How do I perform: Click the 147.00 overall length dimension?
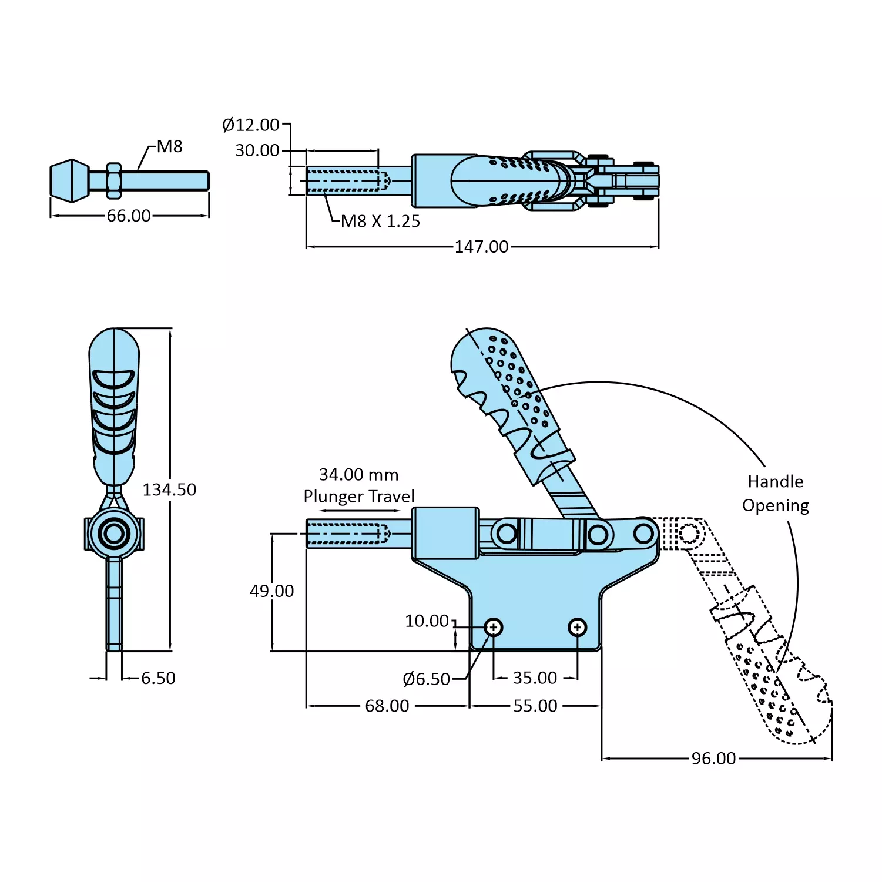pyautogui.click(x=481, y=246)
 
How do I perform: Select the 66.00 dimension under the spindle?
pyautogui.click(x=129, y=216)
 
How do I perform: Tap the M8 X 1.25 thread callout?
pyautogui.click(x=380, y=222)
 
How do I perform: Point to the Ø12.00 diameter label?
pyautogui.click(x=251, y=125)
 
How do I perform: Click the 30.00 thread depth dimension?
pyautogui.click(x=257, y=150)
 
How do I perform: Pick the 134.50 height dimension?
pyautogui.click(x=169, y=489)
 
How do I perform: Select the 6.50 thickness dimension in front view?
pyautogui.click(x=158, y=678)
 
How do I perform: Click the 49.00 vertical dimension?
pyautogui.click(x=271, y=591)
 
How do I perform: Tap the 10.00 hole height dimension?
pyautogui.click(x=427, y=621)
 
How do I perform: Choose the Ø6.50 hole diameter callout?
pyautogui.click(x=426, y=679)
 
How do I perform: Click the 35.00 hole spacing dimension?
pyautogui.click(x=535, y=678)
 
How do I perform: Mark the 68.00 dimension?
pyautogui.click(x=387, y=706)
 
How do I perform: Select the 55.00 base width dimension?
pyautogui.click(x=535, y=706)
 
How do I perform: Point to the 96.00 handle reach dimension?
pyautogui.click(x=713, y=759)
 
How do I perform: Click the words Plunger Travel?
pyautogui.click(x=359, y=497)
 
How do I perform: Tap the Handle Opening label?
pyautogui.click(x=776, y=494)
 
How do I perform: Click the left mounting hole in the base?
pyautogui.click(x=494, y=628)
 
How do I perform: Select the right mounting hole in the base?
pyautogui.click(x=578, y=628)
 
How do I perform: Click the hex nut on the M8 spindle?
pyautogui.click(x=113, y=180)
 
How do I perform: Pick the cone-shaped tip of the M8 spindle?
pyautogui.click(x=70, y=180)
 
